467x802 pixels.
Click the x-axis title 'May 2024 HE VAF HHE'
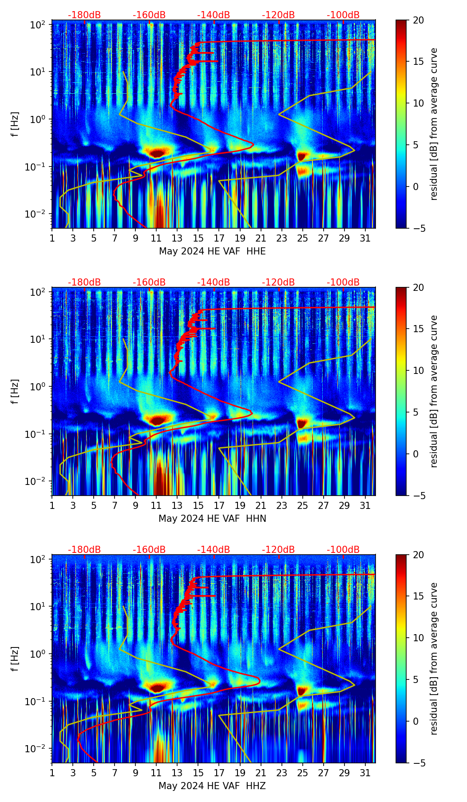pyautogui.click(x=212, y=251)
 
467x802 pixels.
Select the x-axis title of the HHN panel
pyautogui.click(x=212, y=519)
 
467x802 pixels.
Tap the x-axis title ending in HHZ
pyautogui.click(x=212, y=786)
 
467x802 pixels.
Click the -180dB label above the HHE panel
pyautogui.click(x=84, y=15)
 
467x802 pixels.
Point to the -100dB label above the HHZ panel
pyautogui.click(x=343, y=550)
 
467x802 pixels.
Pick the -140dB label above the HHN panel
pyautogui.click(x=214, y=282)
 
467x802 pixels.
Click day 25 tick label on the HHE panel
pyautogui.click(x=302, y=238)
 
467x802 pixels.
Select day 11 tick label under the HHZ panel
pyautogui.click(x=156, y=773)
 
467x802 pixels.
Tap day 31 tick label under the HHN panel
pyautogui.click(x=365, y=505)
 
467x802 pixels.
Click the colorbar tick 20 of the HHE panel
pyautogui.click(x=419, y=20)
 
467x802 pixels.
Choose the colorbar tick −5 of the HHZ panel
pyautogui.click(x=419, y=763)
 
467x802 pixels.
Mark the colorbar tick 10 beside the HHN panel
pyautogui.click(x=419, y=370)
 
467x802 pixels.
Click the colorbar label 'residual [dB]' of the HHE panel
pyautogui.click(x=434, y=124)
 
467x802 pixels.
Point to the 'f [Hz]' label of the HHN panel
pyautogui.click(x=15, y=391)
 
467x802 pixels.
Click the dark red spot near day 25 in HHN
pyautogui.click(x=302, y=422)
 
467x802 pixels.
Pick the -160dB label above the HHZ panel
pyautogui.click(x=149, y=550)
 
